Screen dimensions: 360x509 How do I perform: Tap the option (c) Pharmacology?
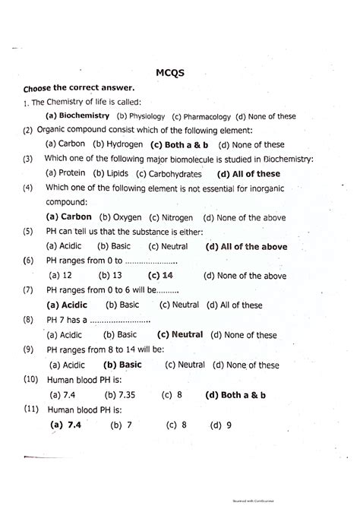click(201, 116)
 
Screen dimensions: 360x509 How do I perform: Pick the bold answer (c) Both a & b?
click(180, 144)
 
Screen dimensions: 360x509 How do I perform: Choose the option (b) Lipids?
click(111, 173)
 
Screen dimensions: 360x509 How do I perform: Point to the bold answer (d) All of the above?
click(246, 246)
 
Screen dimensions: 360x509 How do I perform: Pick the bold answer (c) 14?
click(161, 275)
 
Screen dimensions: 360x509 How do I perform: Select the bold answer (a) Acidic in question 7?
click(68, 305)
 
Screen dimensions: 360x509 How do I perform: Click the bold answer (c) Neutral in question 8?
click(179, 334)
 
